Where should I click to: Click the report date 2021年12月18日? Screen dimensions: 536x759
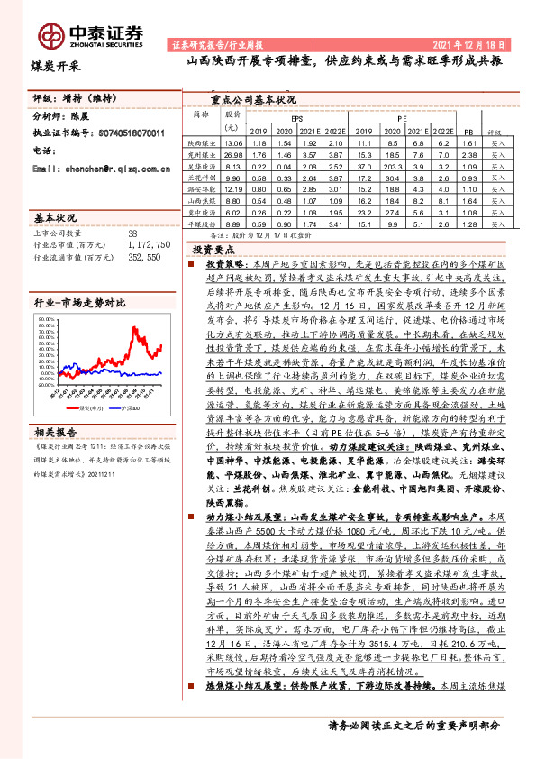(x=477, y=43)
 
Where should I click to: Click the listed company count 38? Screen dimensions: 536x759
(x=132, y=233)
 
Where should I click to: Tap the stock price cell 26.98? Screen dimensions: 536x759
(x=233, y=155)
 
